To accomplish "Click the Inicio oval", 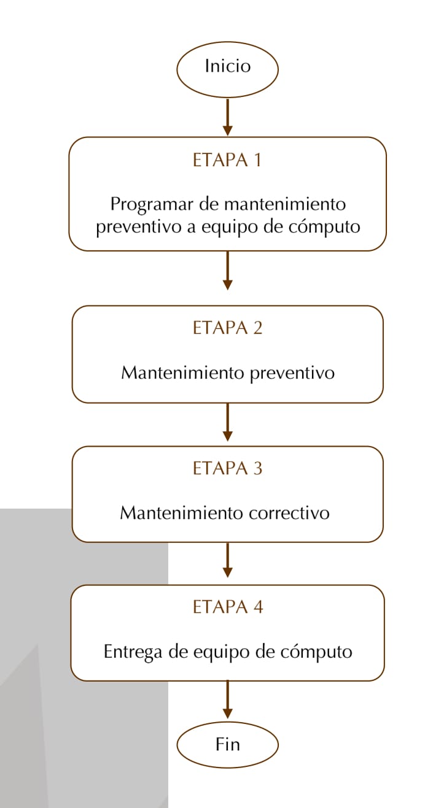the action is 227,69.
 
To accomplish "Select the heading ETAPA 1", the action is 227,160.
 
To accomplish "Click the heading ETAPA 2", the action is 227,328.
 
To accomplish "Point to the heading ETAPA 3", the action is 227,468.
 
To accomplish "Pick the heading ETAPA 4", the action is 228,607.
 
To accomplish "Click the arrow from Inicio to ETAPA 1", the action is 227,117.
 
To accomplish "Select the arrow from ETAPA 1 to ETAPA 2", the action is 227,271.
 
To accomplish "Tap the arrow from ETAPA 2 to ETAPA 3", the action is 227,422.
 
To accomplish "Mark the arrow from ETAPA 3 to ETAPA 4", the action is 227,560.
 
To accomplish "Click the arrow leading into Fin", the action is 227,699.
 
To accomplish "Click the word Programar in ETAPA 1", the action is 152,205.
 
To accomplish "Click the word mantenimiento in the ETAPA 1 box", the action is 285,204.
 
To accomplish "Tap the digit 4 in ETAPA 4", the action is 258,607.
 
